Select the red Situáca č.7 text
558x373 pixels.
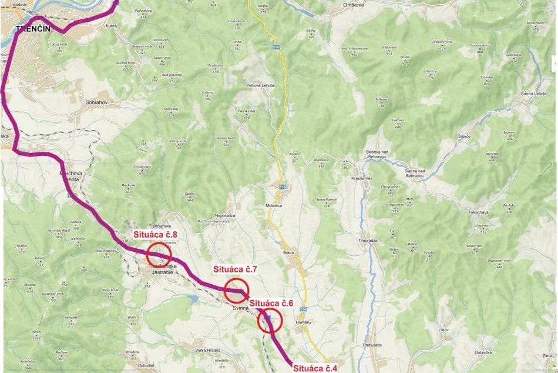pyautogui.click(x=236, y=269)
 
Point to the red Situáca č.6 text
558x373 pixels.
pyautogui.click(x=271, y=303)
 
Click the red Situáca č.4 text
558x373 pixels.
pyautogui.click(x=315, y=368)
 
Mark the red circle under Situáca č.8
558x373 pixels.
pyautogui.click(x=159, y=255)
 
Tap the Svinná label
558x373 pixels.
pyautogui.click(x=241, y=308)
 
